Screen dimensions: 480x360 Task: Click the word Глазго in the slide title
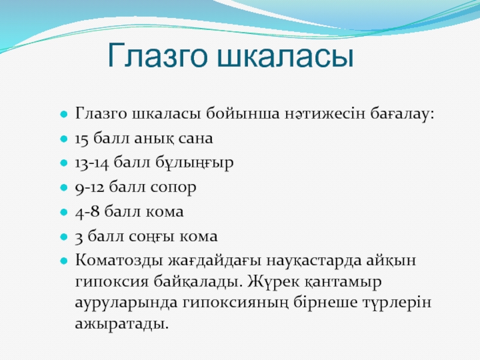click(x=158, y=55)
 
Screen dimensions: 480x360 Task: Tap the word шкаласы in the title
click(x=286, y=56)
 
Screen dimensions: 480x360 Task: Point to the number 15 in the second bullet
click(x=82, y=139)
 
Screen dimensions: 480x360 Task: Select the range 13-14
click(x=92, y=163)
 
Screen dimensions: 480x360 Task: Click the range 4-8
click(x=87, y=212)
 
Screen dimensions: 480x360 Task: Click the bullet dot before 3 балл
click(x=64, y=237)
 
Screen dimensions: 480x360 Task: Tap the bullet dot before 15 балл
click(x=64, y=139)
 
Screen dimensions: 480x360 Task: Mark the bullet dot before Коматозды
click(x=64, y=261)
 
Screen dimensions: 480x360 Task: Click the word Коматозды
click(x=119, y=260)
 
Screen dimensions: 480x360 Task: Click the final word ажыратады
click(x=122, y=323)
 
